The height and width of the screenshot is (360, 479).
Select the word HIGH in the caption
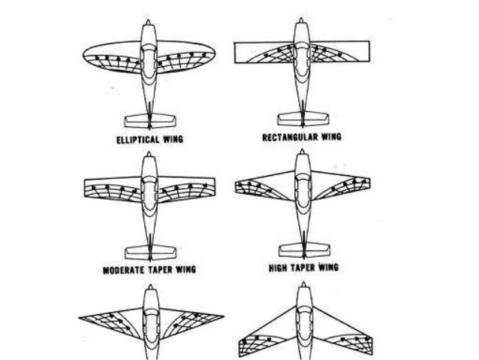coord(282,268)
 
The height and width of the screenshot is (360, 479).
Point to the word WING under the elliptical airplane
coord(172,139)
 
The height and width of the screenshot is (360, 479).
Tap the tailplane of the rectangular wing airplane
coord(303,117)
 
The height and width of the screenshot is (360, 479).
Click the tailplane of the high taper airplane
coord(303,248)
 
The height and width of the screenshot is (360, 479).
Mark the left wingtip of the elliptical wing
coord(84,54)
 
